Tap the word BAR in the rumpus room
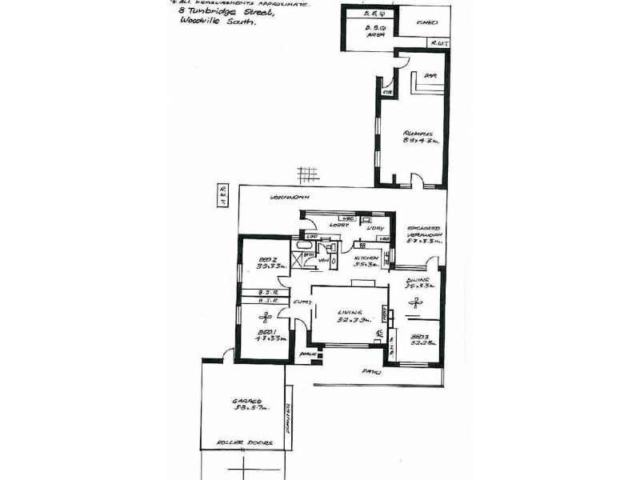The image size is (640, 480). (429, 77)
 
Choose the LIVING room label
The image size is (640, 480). (350, 312)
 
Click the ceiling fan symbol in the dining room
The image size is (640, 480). (415, 302)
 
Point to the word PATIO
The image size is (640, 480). (370, 372)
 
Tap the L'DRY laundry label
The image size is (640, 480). (372, 228)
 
